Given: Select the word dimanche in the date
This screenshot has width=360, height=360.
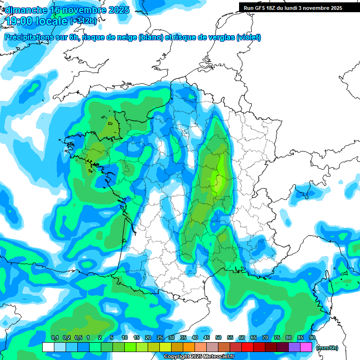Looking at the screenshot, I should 26,10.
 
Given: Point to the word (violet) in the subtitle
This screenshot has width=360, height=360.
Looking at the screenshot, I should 249,37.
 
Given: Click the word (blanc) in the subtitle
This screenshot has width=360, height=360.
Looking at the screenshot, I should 151,37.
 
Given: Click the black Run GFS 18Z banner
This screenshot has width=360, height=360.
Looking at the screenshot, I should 292,7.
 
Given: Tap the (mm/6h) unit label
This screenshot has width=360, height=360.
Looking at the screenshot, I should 327,347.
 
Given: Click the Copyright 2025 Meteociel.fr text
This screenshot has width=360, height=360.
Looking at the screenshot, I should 199,357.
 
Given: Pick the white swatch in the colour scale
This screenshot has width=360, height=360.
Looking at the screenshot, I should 48,347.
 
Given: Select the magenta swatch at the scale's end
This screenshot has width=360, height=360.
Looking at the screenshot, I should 306,347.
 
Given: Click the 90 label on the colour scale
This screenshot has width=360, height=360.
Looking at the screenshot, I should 312,338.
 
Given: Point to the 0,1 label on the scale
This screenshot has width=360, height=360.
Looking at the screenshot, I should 54,338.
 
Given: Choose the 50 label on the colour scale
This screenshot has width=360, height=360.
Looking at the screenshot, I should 218,338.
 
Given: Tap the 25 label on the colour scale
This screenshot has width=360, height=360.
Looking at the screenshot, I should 160,338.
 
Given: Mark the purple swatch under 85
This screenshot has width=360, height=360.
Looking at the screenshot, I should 294,347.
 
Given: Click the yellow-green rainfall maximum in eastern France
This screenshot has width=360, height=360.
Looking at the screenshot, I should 216,179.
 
